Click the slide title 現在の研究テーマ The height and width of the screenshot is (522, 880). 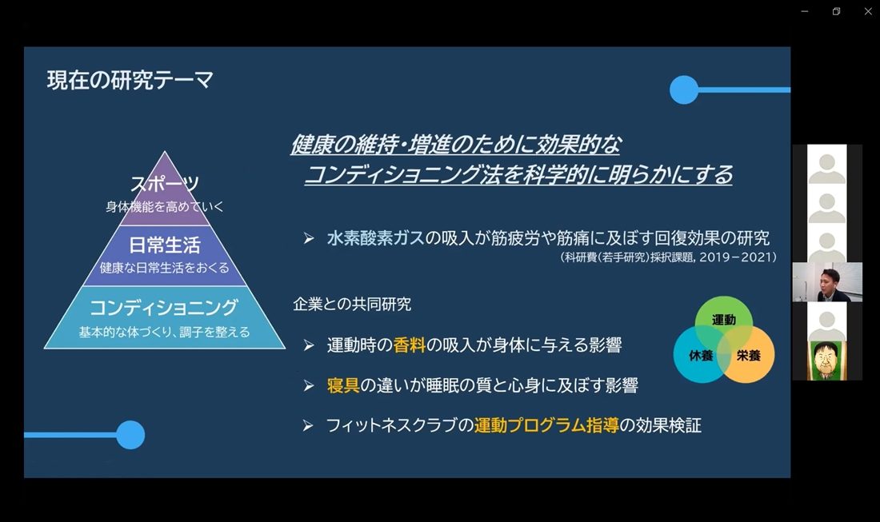(130, 80)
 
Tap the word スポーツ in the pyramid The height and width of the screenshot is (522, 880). (165, 183)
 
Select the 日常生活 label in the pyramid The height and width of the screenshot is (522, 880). (165, 245)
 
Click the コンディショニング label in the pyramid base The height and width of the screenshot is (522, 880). (164, 307)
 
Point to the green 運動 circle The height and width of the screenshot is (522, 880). (723, 320)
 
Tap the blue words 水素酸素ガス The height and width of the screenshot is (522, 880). (375, 237)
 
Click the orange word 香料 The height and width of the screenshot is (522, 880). (410, 345)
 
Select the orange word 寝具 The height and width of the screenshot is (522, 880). (343, 385)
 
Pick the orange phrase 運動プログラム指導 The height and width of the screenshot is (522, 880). (546, 425)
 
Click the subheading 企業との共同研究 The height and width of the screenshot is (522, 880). (352, 305)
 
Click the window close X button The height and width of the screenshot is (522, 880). (868, 11)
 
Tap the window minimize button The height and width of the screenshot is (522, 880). (804, 11)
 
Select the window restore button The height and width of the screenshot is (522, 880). (836, 11)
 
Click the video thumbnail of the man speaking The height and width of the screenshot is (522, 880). (827, 282)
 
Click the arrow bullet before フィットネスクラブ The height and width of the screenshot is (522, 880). (308, 426)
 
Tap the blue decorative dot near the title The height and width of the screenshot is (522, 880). (684, 90)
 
